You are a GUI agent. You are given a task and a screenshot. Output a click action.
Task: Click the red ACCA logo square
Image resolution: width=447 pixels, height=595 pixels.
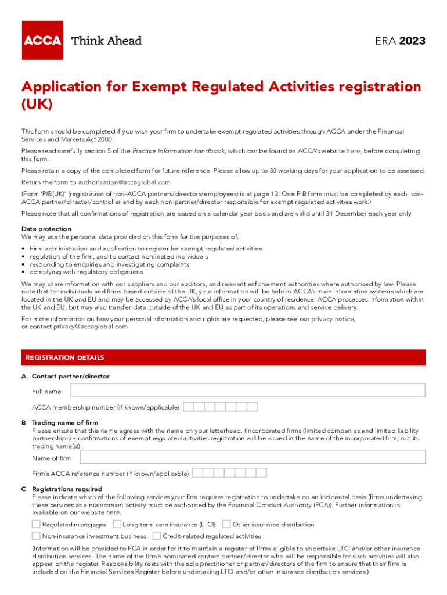point(42,40)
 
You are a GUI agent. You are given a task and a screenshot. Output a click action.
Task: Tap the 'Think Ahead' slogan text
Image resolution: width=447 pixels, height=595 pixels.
point(106,41)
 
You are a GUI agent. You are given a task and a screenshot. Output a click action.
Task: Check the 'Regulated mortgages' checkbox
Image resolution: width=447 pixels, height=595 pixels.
point(36,524)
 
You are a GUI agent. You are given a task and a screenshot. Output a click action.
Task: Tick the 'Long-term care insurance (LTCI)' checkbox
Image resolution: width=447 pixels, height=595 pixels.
point(117,524)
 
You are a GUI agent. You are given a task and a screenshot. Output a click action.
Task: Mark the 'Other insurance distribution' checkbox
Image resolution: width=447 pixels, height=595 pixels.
point(226,524)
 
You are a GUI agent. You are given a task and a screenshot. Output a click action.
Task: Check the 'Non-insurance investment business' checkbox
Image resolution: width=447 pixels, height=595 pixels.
point(36,536)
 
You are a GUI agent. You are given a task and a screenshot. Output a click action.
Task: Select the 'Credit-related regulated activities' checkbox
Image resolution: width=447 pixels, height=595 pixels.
point(157,536)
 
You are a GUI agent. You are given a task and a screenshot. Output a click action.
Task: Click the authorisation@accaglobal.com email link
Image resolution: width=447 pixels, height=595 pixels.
point(121,182)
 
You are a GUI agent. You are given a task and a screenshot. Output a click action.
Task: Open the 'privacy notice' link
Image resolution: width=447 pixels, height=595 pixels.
point(331,319)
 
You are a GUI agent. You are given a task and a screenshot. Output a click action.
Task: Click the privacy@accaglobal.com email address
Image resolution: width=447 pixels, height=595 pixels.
point(91,327)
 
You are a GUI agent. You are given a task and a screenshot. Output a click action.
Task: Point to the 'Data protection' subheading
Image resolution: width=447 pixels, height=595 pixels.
point(46,229)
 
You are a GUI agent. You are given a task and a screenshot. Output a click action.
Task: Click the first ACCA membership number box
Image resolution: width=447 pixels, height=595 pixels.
point(188,407)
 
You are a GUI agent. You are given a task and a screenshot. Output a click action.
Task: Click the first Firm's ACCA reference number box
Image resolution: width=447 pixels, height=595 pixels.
point(198,473)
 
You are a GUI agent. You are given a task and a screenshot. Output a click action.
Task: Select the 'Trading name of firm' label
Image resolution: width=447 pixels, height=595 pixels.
point(65,423)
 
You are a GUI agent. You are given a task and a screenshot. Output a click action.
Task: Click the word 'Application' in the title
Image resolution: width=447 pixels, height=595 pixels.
point(66,87)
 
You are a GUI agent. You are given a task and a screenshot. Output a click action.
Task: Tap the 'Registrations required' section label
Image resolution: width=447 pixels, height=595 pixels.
point(67,489)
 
